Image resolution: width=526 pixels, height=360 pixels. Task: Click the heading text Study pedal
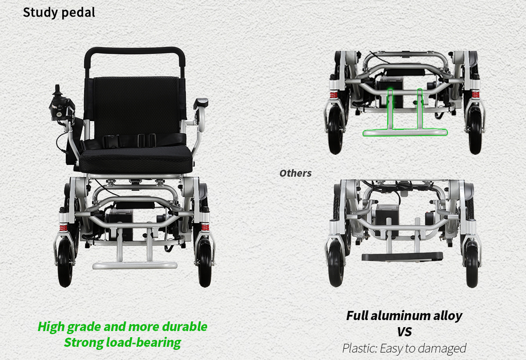59,12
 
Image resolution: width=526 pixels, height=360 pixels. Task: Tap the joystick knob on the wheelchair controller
57,89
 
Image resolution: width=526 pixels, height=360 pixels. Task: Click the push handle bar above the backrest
135,50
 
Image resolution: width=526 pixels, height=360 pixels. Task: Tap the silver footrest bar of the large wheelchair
135,265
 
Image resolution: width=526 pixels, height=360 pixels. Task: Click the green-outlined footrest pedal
405,133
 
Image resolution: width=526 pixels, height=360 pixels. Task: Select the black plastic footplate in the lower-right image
402,257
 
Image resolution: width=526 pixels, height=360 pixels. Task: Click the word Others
295,173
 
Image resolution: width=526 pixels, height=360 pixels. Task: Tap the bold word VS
404,332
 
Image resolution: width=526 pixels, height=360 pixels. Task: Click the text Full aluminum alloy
404,316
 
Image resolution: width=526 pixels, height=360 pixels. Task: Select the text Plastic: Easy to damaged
404,348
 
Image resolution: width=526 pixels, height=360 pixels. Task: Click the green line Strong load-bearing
123,342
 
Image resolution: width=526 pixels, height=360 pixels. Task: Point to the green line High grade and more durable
123,327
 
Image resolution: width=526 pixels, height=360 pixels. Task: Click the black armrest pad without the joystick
201,103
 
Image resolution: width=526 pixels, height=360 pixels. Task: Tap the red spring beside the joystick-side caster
63,228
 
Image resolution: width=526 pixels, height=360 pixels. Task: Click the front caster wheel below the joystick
65,262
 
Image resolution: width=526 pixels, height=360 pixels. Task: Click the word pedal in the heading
78,12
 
